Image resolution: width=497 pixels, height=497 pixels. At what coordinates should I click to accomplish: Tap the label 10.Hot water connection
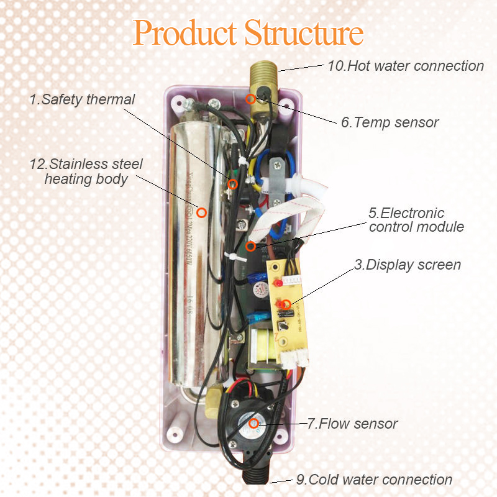click(405, 66)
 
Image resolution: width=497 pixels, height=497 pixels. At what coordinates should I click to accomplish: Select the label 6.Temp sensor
click(390, 122)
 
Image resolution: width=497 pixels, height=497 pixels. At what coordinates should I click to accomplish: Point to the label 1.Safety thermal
click(82, 99)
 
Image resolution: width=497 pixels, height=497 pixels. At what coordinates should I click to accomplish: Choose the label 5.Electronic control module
click(416, 220)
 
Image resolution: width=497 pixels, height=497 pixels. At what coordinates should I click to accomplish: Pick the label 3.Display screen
click(408, 265)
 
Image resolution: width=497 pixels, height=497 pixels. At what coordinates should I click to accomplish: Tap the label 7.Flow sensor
click(352, 424)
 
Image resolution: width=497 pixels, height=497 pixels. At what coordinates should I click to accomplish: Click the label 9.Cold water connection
click(373, 480)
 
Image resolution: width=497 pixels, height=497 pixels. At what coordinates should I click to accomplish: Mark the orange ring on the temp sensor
click(250, 98)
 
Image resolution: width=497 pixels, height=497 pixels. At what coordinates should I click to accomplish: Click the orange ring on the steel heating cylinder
click(201, 212)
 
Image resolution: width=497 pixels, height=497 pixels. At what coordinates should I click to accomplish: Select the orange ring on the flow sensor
click(253, 424)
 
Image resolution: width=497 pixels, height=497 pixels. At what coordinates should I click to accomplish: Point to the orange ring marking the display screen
click(285, 304)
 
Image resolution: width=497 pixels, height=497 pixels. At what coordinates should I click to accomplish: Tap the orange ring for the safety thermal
click(232, 184)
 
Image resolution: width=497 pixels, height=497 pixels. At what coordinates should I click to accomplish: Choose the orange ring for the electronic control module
click(250, 246)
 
